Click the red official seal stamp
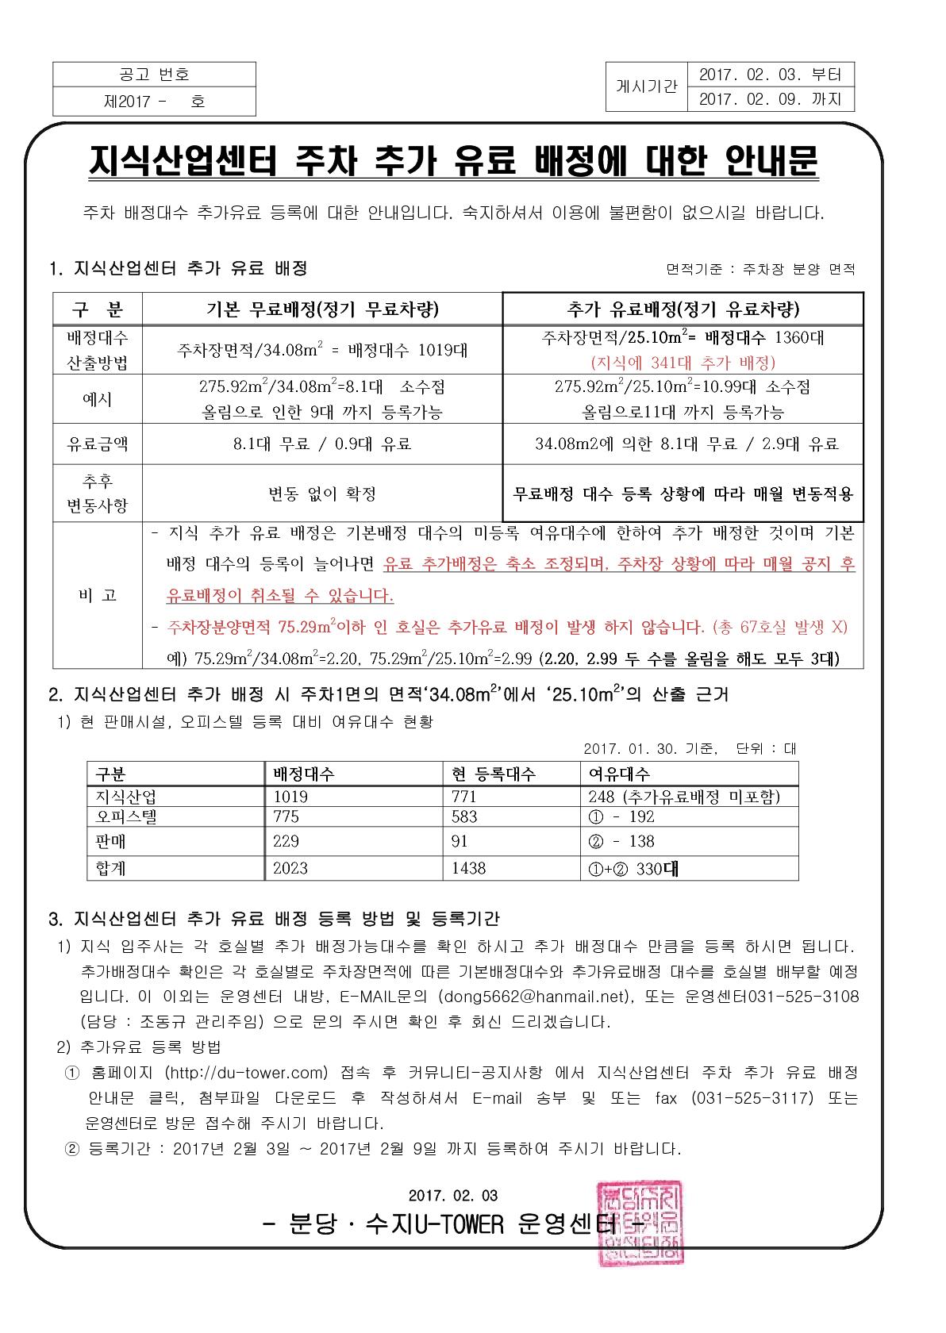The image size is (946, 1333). pyautogui.click(x=639, y=1221)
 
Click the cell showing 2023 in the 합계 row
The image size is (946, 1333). pyautogui.click(x=290, y=868)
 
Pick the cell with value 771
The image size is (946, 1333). pyautogui.click(x=464, y=797)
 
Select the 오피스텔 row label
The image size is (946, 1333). pyautogui.click(x=126, y=816)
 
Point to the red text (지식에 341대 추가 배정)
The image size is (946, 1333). pyautogui.click(x=683, y=363)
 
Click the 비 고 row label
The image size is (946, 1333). pyautogui.click(x=98, y=595)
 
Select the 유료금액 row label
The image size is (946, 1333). pyautogui.click(x=98, y=444)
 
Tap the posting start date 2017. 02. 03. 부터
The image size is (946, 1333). pyautogui.click(x=770, y=75)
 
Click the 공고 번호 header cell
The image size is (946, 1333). pyautogui.click(x=154, y=75)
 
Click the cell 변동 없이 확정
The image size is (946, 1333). pyautogui.click(x=321, y=494)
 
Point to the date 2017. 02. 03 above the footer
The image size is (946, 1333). pyautogui.click(x=454, y=1195)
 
